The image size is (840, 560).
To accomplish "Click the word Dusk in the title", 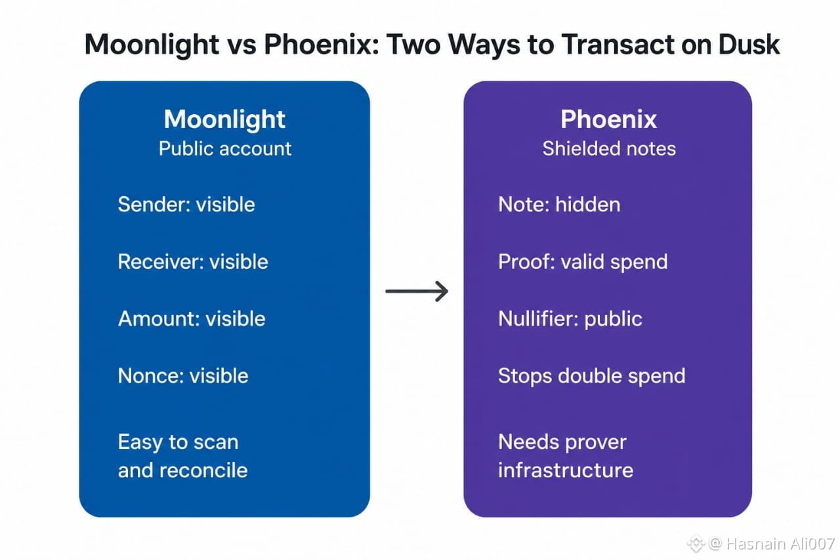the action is (749, 45).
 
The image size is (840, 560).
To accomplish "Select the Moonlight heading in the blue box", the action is (224, 119).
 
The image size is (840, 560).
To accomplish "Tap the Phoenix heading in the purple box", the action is (608, 119).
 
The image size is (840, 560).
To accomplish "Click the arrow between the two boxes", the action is (417, 291).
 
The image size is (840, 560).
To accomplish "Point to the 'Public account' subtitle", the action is (225, 148).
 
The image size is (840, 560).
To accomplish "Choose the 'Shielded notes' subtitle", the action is (609, 148).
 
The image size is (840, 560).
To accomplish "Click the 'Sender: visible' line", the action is (186, 204).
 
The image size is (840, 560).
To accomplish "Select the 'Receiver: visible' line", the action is (193, 261).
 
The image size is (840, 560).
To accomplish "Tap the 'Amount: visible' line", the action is (192, 319).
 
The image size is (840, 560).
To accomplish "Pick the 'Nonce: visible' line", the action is (183, 376).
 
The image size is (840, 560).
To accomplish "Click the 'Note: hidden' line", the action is (559, 204).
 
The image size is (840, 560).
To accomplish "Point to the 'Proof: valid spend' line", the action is (583, 262).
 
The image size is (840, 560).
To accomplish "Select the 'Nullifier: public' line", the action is (570, 320).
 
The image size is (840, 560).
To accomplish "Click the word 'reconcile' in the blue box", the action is (203, 470).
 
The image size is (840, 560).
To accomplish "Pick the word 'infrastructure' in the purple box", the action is (566, 470).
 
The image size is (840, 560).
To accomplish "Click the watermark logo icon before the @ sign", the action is (696, 543).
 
